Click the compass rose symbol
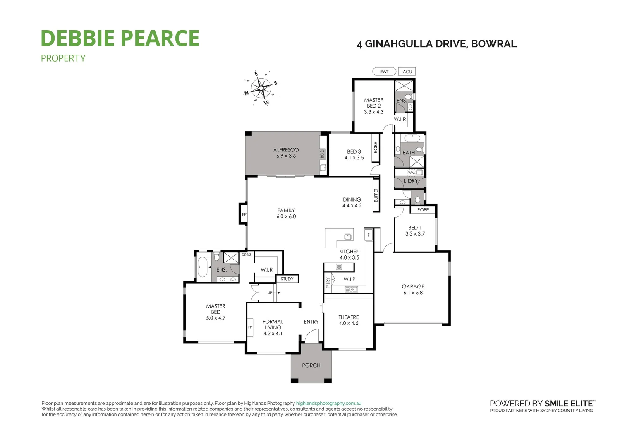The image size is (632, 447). (261, 88)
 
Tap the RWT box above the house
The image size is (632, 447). (384, 72)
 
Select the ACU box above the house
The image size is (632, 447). (407, 72)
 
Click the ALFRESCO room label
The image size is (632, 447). (286, 150)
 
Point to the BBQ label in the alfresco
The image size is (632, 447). (322, 154)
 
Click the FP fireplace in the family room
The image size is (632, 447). (244, 214)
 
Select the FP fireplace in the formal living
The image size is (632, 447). (250, 327)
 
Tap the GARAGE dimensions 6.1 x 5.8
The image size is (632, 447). (413, 293)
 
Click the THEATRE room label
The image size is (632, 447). (348, 317)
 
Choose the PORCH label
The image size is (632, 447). (311, 365)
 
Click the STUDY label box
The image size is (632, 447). (287, 279)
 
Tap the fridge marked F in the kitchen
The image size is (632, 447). (368, 235)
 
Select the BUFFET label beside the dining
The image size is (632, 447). (376, 195)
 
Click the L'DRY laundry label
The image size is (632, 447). (410, 181)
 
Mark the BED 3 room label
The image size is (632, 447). (354, 151)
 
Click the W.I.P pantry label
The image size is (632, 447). (350, 279)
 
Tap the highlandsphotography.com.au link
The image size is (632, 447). (329, 403)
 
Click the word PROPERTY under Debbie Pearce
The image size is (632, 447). (63, 58)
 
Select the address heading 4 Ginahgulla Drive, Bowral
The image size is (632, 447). (436, 44)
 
